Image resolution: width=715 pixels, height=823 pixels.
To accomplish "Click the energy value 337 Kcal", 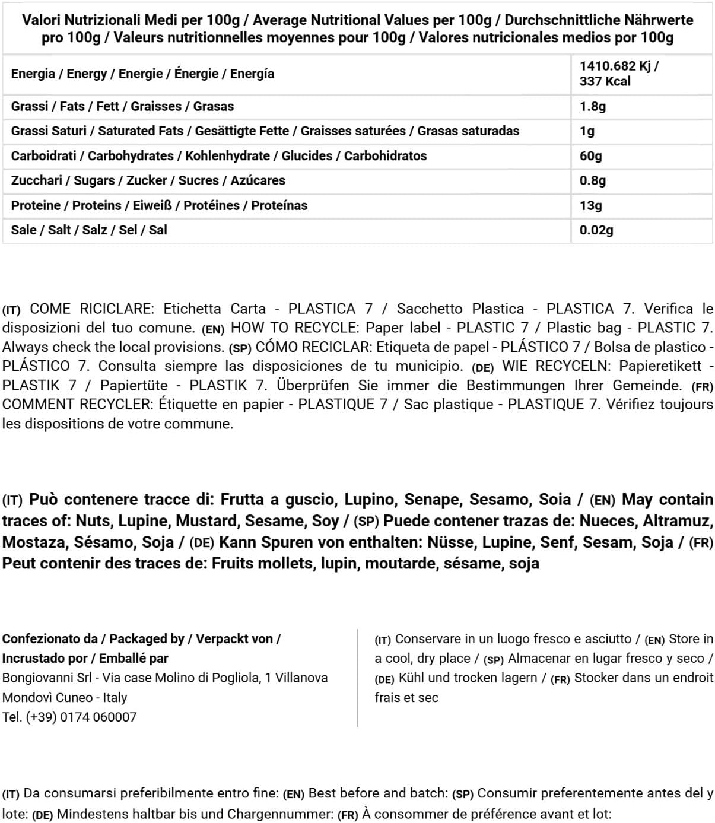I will pyautogui.click(x=605, y=81).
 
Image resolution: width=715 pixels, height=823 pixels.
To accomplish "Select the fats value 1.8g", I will pyautogui.click(x=592, y=107).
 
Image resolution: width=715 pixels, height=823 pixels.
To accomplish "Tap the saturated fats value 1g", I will pyautogui.click(x=587, y=131).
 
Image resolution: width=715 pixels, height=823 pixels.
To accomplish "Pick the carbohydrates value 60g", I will pyautogui.click(x=590, y=156).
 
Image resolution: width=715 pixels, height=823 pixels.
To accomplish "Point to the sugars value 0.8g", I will pyautogui.click(x=592, y=180).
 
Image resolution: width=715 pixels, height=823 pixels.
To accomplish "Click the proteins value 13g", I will pyautogui.click(x=590, y=205).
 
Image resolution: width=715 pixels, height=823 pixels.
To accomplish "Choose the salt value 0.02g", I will pyautogui.click(x=596, y=230).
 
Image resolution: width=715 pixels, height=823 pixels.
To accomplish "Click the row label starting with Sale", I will pyautogui.click(x=89, y=230).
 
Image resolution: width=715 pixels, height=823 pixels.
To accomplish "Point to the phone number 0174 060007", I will pyautogui.click(x=98, y=717).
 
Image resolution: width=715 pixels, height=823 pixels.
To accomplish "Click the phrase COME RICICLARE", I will pyautogui.click(x=91, y=309).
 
